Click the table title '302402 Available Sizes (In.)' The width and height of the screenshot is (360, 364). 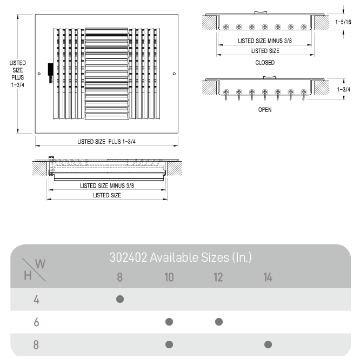(181, 257)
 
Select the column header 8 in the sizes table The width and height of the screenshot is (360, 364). (119, 277)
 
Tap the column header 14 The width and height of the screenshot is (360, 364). (268, 277)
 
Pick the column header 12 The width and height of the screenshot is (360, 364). (218, 277)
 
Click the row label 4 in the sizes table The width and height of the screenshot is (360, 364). (36, 300)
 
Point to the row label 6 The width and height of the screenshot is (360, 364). (36, 322)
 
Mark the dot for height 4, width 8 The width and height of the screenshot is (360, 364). (120, 299)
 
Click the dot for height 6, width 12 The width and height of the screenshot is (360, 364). (219, 322)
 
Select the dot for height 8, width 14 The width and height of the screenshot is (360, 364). (268, 345)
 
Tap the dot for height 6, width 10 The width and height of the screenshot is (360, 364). (169, 322)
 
